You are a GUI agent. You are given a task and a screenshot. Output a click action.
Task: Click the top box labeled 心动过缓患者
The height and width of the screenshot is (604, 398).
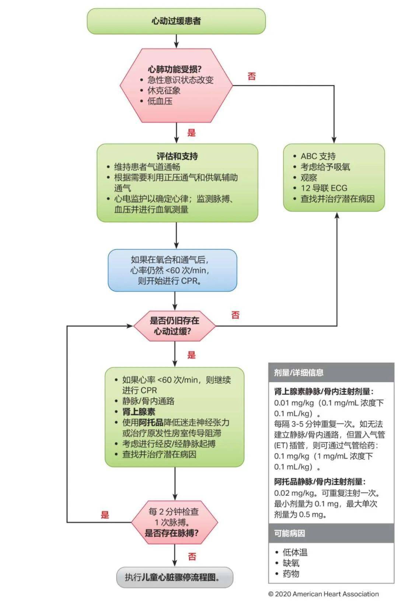[176, 21]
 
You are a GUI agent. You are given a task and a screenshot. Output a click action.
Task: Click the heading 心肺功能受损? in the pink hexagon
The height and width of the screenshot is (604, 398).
[175, 69]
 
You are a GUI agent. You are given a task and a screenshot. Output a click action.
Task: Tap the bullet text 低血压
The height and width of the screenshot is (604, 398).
[160, 101]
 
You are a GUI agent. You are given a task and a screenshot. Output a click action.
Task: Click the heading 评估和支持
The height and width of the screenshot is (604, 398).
[177, 156]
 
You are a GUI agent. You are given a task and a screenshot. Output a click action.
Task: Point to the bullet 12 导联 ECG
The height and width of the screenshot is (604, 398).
[324, 188]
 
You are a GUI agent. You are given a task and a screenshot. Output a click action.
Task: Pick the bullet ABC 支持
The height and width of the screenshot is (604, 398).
[318, 156]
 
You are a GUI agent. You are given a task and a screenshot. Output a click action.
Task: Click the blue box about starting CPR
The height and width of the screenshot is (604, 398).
[172, 270]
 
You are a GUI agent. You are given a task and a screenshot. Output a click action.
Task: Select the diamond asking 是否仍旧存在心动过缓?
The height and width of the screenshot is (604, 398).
[174, 326]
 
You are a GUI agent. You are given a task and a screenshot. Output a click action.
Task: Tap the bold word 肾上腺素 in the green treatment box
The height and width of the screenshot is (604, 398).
[139, 412]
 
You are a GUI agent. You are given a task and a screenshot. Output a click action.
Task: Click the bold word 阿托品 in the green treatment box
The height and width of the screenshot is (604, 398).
[151, 422]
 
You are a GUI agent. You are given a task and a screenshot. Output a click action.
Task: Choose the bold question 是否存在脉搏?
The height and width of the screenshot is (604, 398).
[172, 533]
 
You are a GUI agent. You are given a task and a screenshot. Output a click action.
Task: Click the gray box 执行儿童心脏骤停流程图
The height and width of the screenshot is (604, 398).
[175, 577]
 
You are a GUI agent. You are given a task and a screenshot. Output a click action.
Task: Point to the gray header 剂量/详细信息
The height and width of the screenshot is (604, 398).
[298, 373]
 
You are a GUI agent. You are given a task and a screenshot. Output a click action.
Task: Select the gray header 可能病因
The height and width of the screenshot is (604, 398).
[289, 533]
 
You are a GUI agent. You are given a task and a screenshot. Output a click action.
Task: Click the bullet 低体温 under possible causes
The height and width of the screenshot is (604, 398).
[295, 552]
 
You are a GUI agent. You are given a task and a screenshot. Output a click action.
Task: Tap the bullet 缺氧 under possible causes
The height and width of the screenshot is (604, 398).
[291, 563]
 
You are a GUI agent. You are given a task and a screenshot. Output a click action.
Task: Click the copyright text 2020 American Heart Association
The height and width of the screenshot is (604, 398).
[323, 594]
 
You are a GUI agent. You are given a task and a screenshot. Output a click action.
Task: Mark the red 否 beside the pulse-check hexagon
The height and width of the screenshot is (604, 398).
[192, 556]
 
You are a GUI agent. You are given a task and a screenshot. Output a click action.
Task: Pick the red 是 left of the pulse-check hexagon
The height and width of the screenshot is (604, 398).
[105, 515]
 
